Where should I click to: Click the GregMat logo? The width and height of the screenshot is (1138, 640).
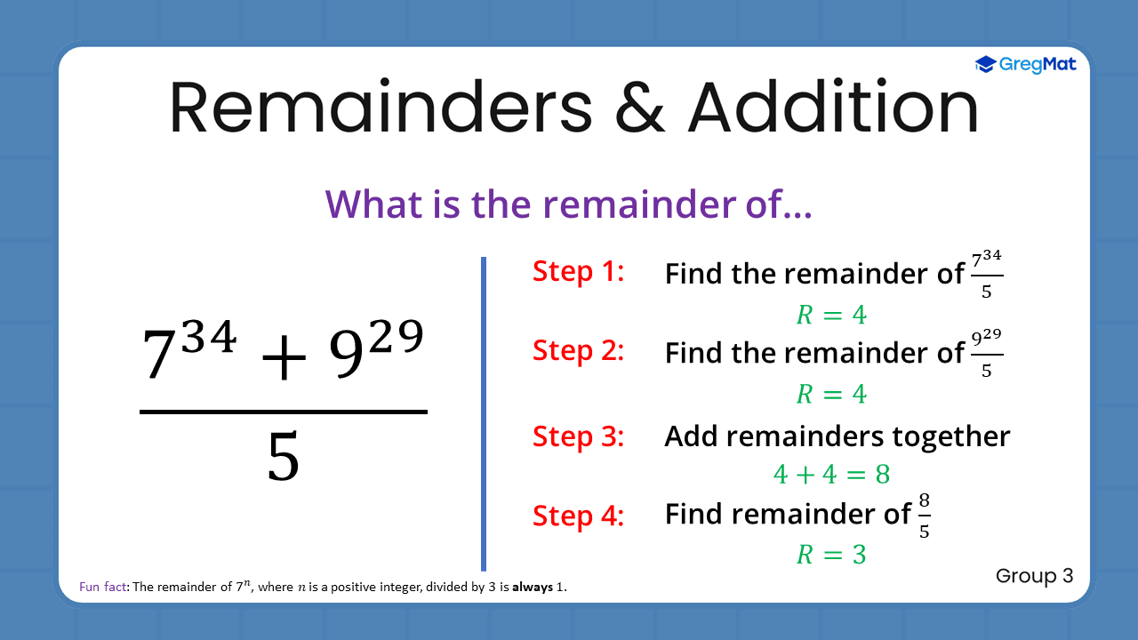(x=1025, y=64)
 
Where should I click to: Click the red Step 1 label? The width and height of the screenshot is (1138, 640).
(x=579, y=271)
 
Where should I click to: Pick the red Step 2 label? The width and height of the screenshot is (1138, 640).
(x=579, y=350)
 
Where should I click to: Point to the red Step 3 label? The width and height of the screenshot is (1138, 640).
(x=579, y=436)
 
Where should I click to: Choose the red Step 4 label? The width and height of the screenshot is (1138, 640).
(x=579, y=516)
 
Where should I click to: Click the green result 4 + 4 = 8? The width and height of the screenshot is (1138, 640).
(x=831, y=474)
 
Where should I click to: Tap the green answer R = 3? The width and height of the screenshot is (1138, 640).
(x=831, y=555)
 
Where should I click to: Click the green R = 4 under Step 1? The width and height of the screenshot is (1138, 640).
(x=831, y=315)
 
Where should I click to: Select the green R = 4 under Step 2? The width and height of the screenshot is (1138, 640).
(x=831, y=394)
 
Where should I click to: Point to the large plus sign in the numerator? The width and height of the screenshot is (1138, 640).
(x=284, y=355)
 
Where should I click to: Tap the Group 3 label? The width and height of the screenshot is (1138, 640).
(x=1034, y=576)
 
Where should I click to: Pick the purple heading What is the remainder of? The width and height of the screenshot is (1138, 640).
(x=569, y=204)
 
